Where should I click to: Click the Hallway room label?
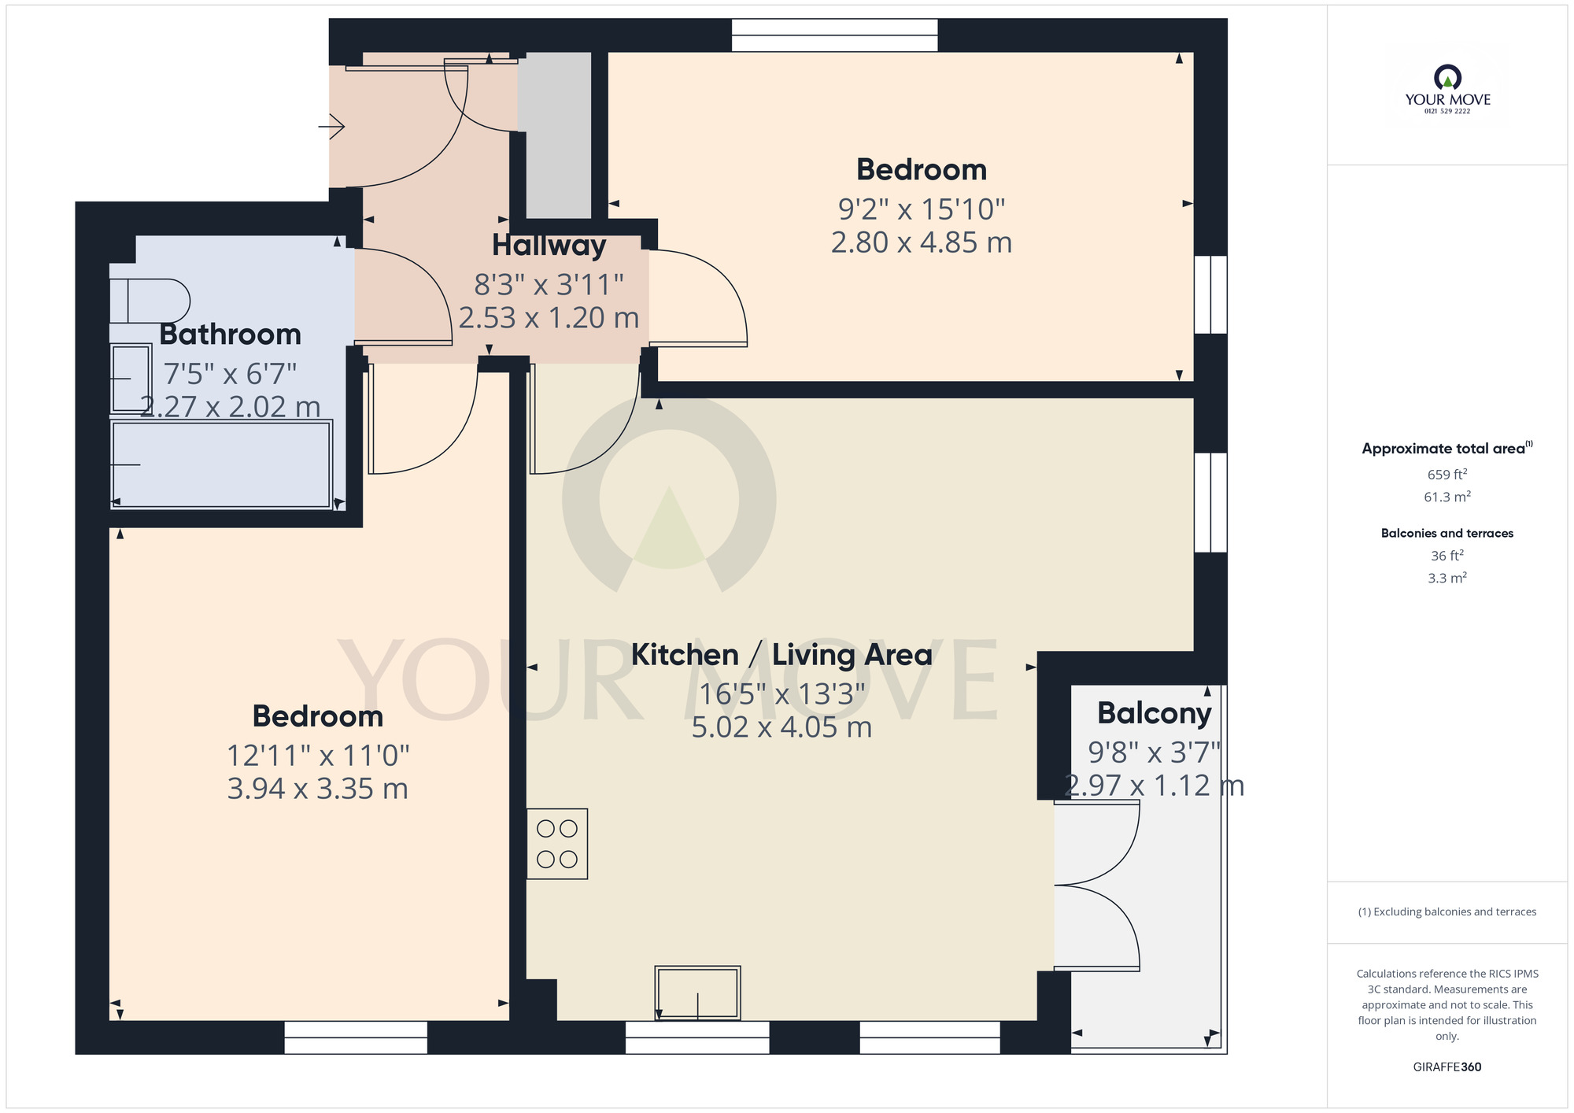[x=549, y=246]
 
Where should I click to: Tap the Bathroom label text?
[x=230, y=335]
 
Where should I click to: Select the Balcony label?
[x=1154, y=713]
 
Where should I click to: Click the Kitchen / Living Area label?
[x=781, y=655]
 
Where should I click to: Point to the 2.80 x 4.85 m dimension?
[x=921, y=242]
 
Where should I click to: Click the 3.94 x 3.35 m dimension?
[x=317, y=789]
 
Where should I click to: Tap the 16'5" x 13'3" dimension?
[x=781, y=694]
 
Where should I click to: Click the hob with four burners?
[x=557, y=844]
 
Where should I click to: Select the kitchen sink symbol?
[x=697, y=993]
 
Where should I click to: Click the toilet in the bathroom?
[x=150, y=301]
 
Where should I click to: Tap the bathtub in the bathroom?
[x=221, y=464]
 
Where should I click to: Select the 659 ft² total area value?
[x=1447, y=475]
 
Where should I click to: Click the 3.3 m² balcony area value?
[x=1447, y=579]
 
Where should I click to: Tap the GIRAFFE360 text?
[x=1447, y=1067]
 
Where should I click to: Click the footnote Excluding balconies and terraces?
[x=1447, y=912]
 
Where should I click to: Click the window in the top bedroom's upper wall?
[x=834, y=35]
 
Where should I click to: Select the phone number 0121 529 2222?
[x=1447, y=111]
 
